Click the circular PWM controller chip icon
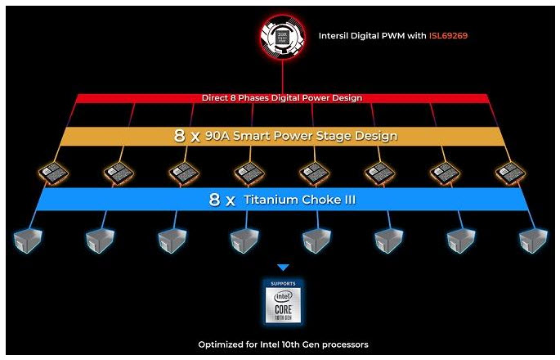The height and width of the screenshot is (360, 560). (x=282, y=37)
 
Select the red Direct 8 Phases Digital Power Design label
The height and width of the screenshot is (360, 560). (x=283, y=98)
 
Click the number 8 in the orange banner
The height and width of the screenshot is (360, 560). (x=180, y=136)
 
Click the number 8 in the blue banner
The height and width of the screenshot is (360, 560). (x=214, y=200)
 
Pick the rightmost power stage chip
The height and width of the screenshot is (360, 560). (x=509, y=173)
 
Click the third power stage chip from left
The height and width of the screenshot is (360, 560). (x=184, y=173)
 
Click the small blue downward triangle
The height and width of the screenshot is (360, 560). (x=283, y=268)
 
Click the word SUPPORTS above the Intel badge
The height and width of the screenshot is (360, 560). (x=283, y=285)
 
